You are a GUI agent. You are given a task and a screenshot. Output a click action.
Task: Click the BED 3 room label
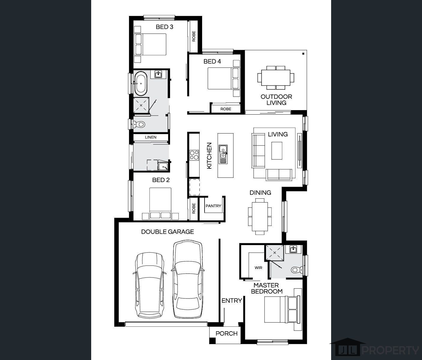click(164, 27)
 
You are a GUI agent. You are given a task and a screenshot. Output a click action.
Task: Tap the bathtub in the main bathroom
click(141, 83)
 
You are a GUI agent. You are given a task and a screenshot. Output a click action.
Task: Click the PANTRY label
click(213, 206)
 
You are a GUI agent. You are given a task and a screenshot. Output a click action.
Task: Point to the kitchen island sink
click(223, 154)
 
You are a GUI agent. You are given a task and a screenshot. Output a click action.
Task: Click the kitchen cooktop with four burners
click(194, 155)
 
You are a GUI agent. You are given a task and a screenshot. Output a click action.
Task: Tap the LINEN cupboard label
click(151, 137)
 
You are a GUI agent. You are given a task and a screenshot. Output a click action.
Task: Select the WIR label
click(258, 268)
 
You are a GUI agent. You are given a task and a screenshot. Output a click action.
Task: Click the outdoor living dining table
click(276, 78)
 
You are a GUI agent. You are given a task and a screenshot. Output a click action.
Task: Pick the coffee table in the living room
click(277, 151)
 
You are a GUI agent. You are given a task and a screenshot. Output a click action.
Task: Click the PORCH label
click(226, 334)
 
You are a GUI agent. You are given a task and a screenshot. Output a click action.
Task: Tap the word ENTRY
click(232, 301)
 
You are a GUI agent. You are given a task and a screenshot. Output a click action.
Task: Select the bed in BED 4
click(223, 78)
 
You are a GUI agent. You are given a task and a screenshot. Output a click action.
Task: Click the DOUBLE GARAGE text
click(167, 232)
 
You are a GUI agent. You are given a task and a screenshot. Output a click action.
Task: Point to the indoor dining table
click(260, 216)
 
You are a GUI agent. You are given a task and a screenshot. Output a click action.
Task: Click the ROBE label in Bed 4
click(226, 109)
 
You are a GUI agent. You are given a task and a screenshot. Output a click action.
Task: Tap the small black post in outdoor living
click(303, 54)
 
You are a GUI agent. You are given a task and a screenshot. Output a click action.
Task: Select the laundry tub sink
click(163, 166)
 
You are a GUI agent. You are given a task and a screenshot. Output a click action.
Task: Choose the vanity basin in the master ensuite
click(293, 249)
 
